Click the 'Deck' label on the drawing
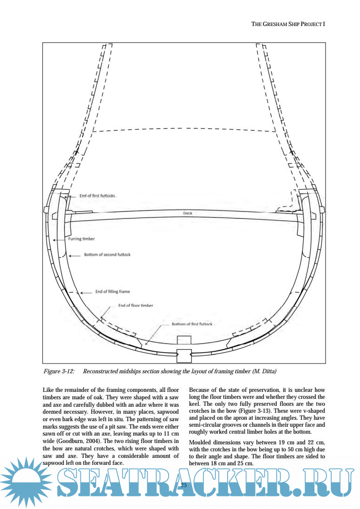(188, 213)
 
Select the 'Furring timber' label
(79, 239)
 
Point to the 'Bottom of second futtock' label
(107, 255)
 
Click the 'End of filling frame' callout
(112, 291)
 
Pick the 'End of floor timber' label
(136, 305)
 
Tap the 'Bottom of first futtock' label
(192, 324)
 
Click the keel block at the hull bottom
(184, 355)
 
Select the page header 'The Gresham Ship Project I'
(288, 24)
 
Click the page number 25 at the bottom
(183, 485)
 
